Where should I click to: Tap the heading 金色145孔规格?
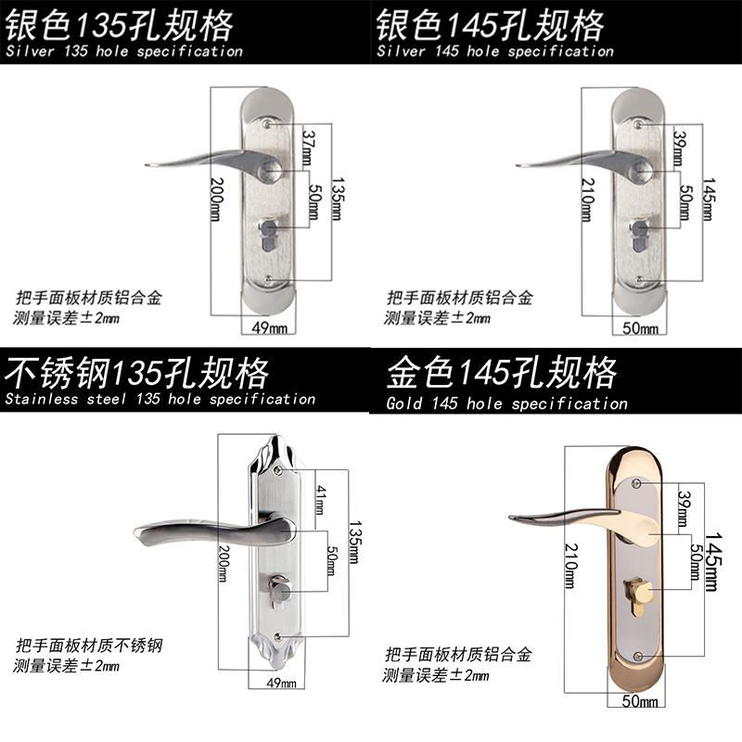502,374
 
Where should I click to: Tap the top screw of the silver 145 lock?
638,121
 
